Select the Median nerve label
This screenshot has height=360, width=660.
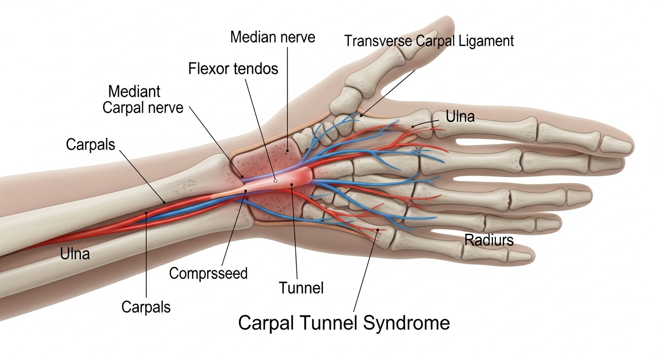click(272, 37)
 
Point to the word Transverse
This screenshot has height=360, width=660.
click(379, 41)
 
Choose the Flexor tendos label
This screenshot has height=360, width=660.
click(233, 69)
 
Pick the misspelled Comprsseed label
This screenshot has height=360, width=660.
click(208, 273)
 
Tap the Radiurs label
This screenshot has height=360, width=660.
click(489, 240)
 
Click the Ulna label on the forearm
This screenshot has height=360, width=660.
click(75, 254)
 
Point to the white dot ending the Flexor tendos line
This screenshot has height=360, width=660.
click(276, 180)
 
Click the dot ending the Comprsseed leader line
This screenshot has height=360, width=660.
click(245, 191)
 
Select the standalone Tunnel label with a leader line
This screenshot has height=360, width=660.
click(301, 287)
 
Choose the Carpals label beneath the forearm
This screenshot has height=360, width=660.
click(146, 307)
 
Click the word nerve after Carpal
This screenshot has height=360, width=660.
click(164, 108)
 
